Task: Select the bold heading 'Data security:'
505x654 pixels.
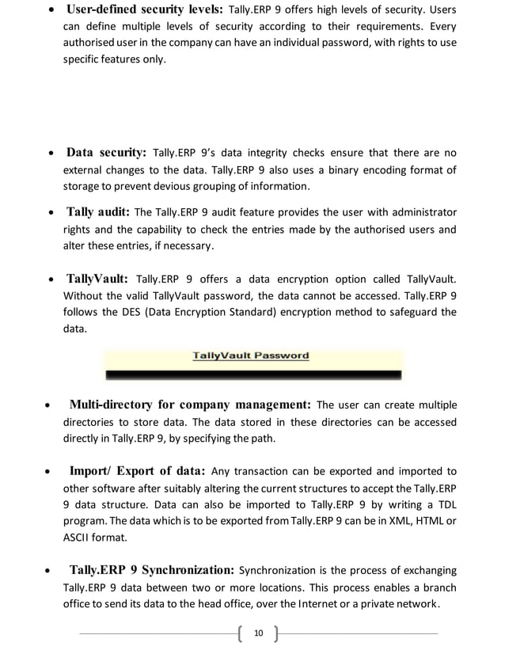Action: click(106, 152)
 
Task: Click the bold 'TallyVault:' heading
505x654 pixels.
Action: click(97, 279)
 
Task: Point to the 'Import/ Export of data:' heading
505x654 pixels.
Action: click(138, 471)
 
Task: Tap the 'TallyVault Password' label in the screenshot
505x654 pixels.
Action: click(251, 356)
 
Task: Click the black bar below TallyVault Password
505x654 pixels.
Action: click(253, 373)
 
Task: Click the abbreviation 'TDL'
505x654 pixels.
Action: click(446, 504)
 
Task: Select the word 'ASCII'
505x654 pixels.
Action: click(77, 537)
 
